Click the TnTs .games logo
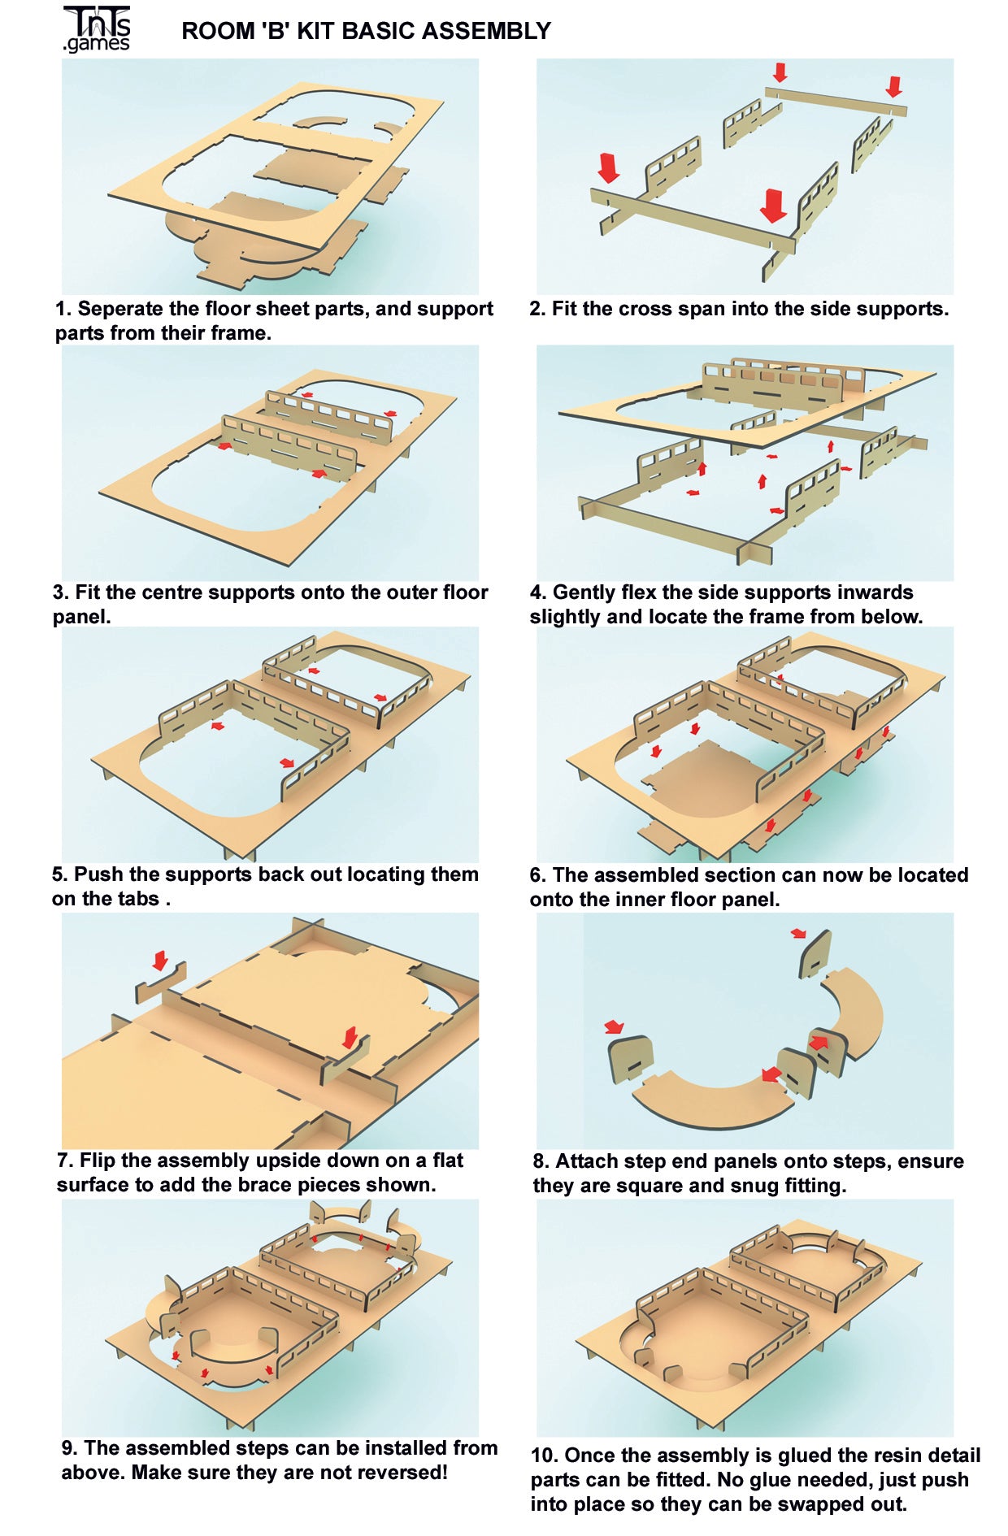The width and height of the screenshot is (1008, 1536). click(x=97, y=29)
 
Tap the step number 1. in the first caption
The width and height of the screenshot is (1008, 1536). click(x=63, y=309)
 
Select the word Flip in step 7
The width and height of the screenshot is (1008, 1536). click(x=98, y=1161)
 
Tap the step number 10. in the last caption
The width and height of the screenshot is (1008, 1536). click(x=545, y=1455)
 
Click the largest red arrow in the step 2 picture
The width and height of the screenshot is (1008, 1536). click(x=774, y=205)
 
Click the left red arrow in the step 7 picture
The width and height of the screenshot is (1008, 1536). click(x=160, y=960)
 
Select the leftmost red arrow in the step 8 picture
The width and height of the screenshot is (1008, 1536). click(x=614, y=1027)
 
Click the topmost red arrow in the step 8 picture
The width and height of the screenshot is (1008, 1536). click(x=800, y=933)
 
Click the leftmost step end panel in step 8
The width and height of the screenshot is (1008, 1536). click(x=632, y=1059)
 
